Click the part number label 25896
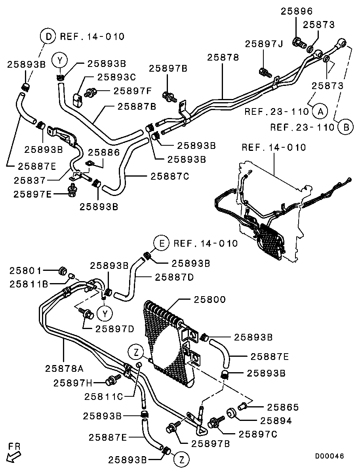tap(297, 11)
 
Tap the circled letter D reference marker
tap(48, 37)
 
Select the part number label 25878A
tap(64, 369)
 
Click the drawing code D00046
tap(330, 456)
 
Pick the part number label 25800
tap(210, 300)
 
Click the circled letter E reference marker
tap(162, 243)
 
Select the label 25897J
tap(264, 44)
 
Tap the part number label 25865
tap(283, 407)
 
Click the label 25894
tap(276, 421)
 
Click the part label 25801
tap(25, 271)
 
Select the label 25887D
tap(174, 277)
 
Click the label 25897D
tap(115, 329)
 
